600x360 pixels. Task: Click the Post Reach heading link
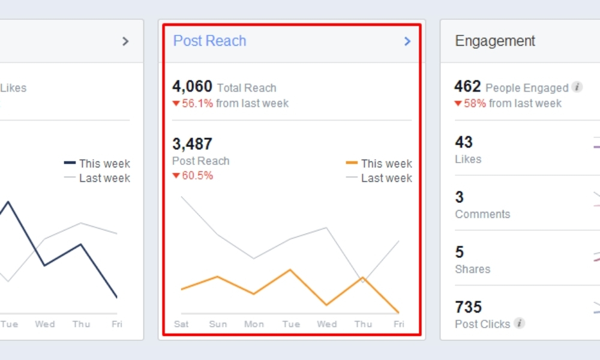[209, 41]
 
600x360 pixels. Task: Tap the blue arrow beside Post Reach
[407, 41]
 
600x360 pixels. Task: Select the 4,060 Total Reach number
[192, 86]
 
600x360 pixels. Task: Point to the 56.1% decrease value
[197, 103]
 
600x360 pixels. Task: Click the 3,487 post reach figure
[192, 144]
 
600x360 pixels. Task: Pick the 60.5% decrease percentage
[197, 176]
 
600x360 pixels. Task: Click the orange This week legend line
[352, 163]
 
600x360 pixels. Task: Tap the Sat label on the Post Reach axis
[181, 324]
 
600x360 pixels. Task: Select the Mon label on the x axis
[254, 324]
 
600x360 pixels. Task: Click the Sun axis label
[218, 324]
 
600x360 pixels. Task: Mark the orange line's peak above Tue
[290, 270]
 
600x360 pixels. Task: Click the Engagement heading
[495, 41]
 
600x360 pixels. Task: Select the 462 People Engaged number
[467, 86]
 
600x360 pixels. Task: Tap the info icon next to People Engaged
[577, 87]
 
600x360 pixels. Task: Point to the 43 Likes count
[464, 142]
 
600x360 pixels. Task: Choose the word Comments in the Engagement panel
[482, 214]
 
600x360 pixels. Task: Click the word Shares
[473, 269]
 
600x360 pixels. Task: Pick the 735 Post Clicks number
[469, 307]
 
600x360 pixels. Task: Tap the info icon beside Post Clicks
[519, 323]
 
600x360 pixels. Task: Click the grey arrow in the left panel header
[125, 41]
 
